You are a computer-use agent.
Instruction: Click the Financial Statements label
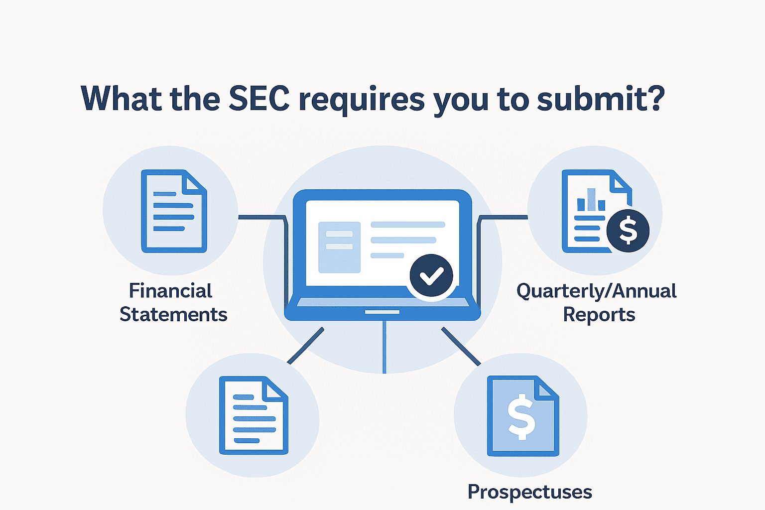(172, 303)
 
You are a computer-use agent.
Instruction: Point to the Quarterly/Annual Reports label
(597, 303)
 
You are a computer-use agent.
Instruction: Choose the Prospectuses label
(529, 492)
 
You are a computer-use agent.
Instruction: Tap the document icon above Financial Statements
(174, 211)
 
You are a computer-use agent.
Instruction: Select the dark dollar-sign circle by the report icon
(628, 231)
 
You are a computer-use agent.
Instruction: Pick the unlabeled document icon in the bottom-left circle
(254, 415)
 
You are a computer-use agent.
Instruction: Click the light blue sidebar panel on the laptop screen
(339, 248)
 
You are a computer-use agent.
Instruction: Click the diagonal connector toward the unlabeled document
(306, 346)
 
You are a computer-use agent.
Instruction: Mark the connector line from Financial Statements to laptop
(261, 217)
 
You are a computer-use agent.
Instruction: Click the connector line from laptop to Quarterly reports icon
(503, 217)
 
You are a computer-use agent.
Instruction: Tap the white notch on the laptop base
(382, 312)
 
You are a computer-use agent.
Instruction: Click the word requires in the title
(362, 100)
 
